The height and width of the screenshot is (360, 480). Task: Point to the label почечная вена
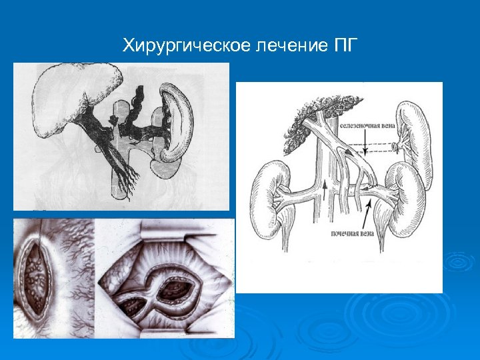tap(354, 234)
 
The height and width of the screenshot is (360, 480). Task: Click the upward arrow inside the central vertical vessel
tap(324, 193)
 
